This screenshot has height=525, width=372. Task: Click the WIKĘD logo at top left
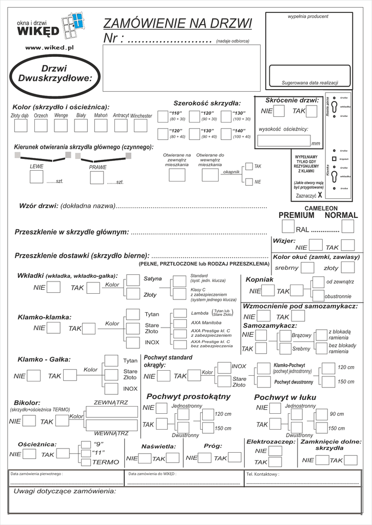(x=38, y=32)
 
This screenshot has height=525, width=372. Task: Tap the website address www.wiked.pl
(x=50, y=47)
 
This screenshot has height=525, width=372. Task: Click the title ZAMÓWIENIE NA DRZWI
(x=178, y=24)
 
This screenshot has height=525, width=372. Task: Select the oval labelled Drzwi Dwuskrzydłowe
(x=54, y=73)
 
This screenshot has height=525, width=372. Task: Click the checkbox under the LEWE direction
(x=36, y=177)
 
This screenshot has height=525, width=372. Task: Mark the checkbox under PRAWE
(x=97, y=178)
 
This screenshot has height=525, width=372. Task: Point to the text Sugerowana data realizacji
(x=309, y=83)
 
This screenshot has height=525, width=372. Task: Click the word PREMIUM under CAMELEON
(x=296, y=215)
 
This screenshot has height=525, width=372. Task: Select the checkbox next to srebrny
(x=307, y=268)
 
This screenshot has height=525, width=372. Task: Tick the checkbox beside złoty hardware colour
(x=347, y=268)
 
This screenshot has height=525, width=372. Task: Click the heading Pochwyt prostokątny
(x=188, y=396)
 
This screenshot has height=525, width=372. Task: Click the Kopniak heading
(x=259, y=279)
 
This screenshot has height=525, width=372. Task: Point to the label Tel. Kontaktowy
(x=263, y=475)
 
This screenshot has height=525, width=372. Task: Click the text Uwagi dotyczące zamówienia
(x=65, y=491)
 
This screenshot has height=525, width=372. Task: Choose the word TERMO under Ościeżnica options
(x=105, y=462)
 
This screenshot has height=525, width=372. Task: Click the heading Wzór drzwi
(x=38, y=206)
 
